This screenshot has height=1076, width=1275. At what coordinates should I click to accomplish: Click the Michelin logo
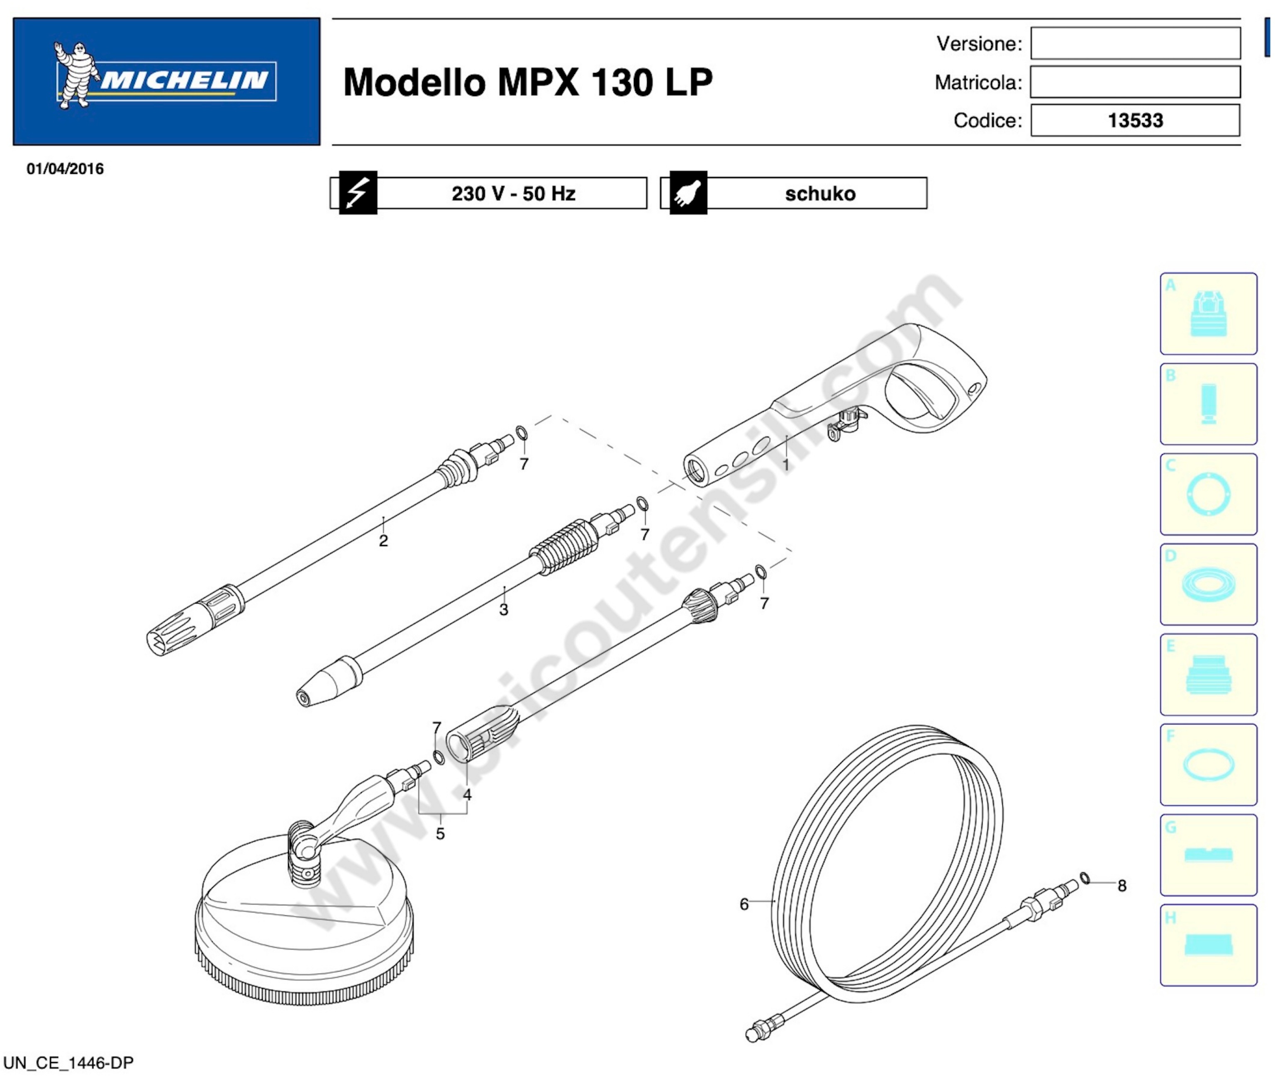[166, 81]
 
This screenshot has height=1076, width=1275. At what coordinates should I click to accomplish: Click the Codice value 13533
[1135, 120]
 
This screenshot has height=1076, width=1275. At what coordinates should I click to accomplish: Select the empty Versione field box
[1135, 43]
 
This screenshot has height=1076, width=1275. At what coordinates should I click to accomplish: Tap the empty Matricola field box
[1135, 82]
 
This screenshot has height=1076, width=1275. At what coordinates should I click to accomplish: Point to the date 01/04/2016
[65, 169]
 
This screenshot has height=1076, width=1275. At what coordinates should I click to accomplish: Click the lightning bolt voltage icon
[358, 193]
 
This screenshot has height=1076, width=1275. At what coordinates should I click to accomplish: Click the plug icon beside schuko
[688, 193]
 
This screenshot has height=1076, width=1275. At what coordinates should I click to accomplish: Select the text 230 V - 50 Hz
[513, 193]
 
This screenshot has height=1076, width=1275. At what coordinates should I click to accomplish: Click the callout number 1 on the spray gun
[786, 465]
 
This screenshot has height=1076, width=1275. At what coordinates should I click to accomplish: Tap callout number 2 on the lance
[383, 540]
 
